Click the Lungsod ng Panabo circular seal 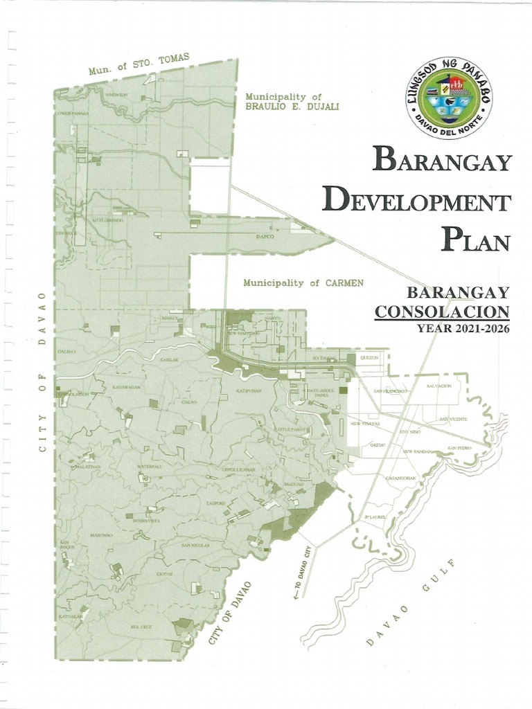tap(449, 98)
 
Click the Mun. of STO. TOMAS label tap(139, 64)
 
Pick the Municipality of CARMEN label tap(303, 282)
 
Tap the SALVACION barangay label tap(439, 386)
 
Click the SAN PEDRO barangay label tap(459, 448)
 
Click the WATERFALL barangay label tap(149, 467)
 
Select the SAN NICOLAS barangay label tap(195, 546)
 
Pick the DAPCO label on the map tap(265, 236)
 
